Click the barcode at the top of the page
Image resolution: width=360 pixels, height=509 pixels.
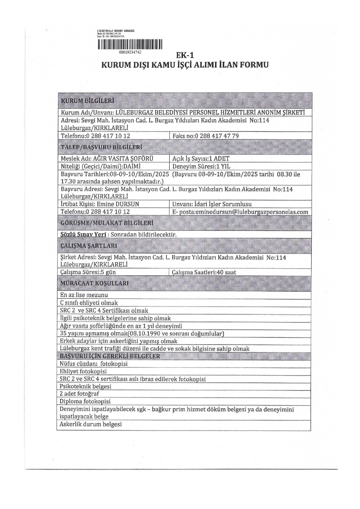point(130,44)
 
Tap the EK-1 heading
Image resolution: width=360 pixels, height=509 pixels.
point(185,55)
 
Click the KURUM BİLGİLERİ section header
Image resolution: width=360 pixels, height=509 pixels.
point(87,101)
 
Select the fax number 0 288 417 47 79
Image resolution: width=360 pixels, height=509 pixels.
point(217,136)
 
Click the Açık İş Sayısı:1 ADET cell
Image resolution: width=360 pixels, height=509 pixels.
point(201,159)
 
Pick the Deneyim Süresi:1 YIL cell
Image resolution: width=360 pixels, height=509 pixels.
point(201,166)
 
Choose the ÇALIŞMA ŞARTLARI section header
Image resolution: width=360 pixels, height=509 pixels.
point(89,246)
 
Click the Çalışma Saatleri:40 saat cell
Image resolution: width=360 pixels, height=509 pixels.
point(204,272)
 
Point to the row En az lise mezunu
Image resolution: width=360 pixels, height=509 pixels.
point(84,295)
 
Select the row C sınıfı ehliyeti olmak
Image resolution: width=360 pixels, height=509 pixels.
point(89,303)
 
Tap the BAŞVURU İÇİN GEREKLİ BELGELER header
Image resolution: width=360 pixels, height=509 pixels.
point(110,356)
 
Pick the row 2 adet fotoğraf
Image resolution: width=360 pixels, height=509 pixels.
point(79,394)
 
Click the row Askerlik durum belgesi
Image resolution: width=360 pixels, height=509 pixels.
point(90,424)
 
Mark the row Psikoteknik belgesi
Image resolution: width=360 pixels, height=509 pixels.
point(85,386)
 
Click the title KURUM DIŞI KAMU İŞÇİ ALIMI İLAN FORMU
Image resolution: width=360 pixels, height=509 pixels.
point(185,65)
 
